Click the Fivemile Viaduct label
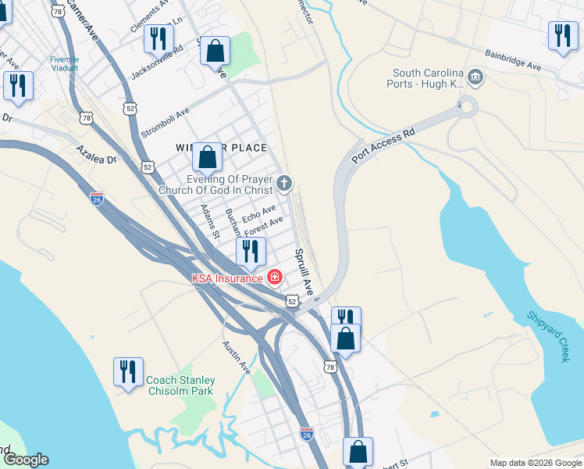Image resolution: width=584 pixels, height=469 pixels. [64, 63]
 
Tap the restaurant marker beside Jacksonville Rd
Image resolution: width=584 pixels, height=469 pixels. [158, 38]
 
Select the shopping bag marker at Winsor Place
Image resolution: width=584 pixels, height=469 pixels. [208, 157]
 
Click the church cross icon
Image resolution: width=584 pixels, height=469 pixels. [285, 184]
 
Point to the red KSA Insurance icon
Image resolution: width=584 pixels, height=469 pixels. [274, 277]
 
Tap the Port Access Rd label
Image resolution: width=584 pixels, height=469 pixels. [383, 146]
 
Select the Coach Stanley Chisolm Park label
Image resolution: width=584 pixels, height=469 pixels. [180, 386]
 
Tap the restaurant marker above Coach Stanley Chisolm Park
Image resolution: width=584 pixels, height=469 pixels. [128, 372]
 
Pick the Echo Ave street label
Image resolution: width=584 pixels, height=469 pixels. [259, 213]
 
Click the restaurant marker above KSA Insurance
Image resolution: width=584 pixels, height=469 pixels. [251, 251]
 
